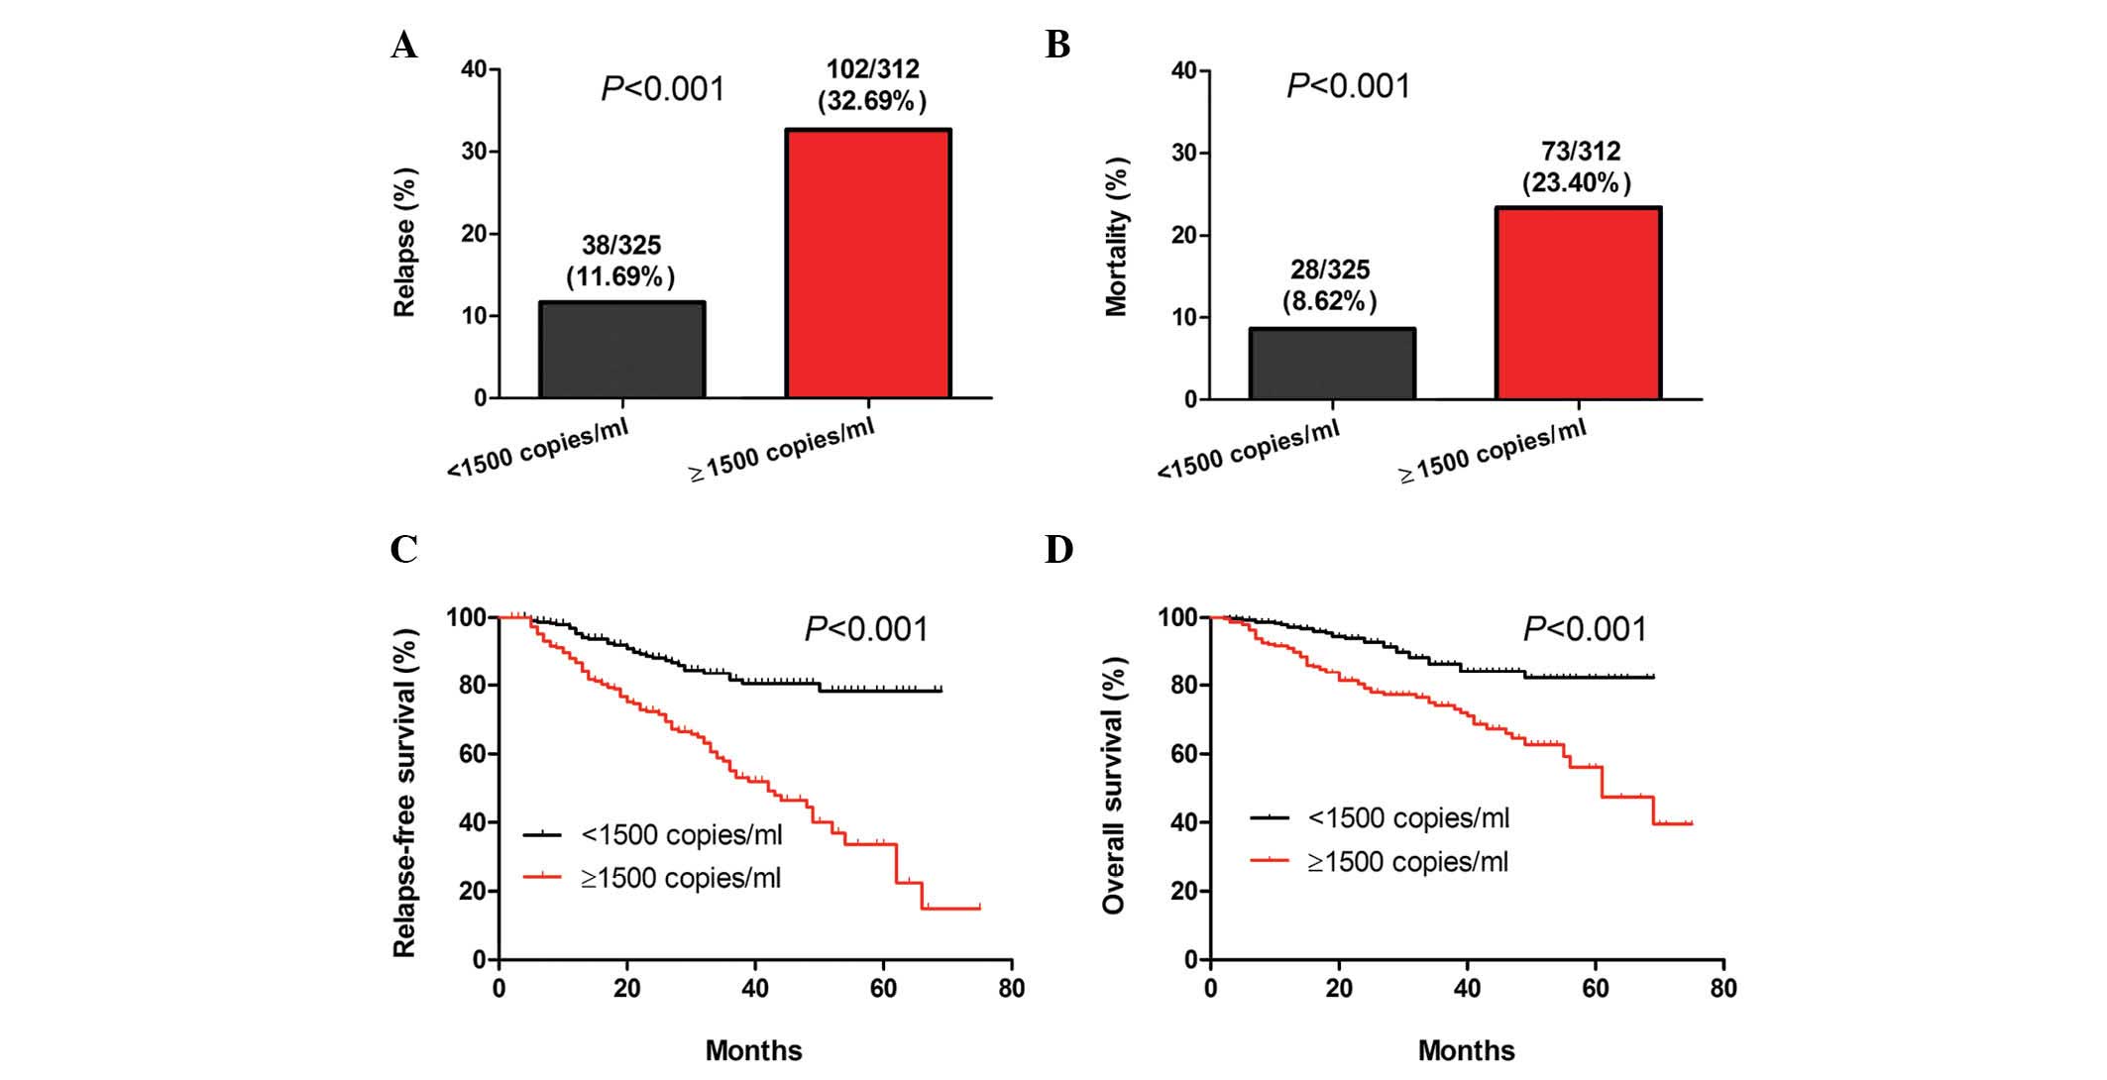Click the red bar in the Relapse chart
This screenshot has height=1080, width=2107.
click(x=868, y=264)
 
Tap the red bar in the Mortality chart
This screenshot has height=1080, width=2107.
click(x=1578, y=303)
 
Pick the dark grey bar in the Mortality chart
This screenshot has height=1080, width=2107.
click(x=1331, y=364)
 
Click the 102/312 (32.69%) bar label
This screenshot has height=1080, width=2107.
click(x=872, y=85)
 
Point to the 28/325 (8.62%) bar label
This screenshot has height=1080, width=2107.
click(x=1329, y=285)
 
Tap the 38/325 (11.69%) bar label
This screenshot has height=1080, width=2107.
click(x=620, y=261)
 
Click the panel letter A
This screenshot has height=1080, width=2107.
click(x=403, y=46)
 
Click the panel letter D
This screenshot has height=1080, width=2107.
click(x=1058, y=549)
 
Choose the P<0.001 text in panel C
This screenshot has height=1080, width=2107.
click(x=866, y=629)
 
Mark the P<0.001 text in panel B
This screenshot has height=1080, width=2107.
click(x=1348, y=87)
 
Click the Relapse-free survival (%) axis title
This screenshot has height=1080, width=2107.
click(x=404, y=793)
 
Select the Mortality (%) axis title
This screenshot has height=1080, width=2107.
click(x=1117, y=237)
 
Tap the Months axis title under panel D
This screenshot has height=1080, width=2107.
click(x=1466, y=1050)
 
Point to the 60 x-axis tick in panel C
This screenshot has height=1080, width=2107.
click(x=883, y=989)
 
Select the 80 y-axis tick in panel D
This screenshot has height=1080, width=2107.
click(x=1183, y=686)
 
